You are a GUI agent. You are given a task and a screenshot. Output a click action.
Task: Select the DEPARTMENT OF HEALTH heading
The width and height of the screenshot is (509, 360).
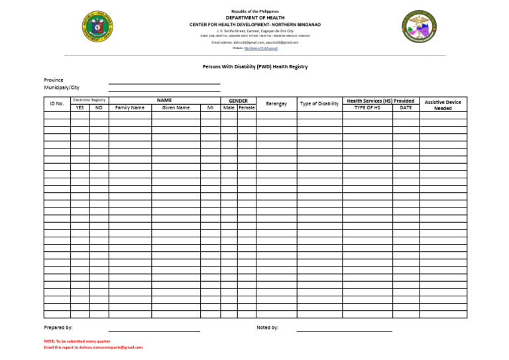point(254,18)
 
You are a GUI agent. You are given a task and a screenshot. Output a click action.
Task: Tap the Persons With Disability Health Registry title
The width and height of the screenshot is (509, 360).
point(254,67)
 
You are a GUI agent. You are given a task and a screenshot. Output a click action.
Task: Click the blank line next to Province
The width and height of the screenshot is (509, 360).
point(164,83)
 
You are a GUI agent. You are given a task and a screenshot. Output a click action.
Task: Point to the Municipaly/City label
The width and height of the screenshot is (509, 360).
point(62,88)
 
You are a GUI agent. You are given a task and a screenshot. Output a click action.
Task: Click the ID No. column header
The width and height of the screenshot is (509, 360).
point(57,103)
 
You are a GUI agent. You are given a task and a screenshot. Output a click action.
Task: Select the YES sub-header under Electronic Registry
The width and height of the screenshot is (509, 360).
point(80,107)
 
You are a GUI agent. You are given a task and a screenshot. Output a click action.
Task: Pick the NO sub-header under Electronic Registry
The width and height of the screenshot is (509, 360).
point(99,107)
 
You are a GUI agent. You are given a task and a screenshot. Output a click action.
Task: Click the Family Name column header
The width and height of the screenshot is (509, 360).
point(129,107)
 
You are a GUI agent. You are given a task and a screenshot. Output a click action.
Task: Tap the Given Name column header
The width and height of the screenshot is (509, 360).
point(176,107)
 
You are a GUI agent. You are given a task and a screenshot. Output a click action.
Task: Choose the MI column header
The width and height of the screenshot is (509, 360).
point(210,107)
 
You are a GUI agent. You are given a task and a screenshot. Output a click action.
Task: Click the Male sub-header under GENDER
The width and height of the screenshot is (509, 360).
point(229,107)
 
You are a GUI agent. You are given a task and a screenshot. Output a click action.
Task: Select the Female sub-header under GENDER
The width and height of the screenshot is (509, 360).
point(247,107)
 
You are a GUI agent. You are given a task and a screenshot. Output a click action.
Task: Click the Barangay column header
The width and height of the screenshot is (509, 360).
point(276,103)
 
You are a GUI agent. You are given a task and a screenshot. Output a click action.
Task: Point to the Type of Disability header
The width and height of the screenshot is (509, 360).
point(319,103)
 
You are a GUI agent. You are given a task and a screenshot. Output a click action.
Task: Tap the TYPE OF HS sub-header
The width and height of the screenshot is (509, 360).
point(367,107)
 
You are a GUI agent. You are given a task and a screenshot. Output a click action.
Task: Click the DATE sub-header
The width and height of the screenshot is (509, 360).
point(406,107)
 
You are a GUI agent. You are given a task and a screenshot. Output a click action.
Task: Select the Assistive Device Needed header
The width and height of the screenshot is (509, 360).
point(443,105)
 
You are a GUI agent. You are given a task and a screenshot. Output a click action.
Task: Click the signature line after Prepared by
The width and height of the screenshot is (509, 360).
point(154,330)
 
